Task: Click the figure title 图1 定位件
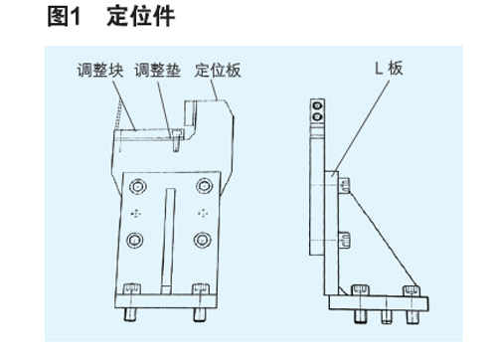111,16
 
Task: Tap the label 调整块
100,70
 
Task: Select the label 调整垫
157,70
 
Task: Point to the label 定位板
218,70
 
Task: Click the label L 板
389,69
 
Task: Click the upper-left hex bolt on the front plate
138,186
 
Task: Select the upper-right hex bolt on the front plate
204,186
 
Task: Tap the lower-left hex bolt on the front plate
135,240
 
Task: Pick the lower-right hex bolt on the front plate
203,240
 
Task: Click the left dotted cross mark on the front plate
136,214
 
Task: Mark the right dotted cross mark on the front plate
203,213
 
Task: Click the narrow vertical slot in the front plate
168,241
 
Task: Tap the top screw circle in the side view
317,106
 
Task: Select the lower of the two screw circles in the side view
317,116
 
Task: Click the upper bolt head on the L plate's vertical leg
344,185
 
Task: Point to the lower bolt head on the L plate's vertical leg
344,240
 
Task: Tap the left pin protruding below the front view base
130,314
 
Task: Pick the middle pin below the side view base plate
387,316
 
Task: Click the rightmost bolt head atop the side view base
412,291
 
